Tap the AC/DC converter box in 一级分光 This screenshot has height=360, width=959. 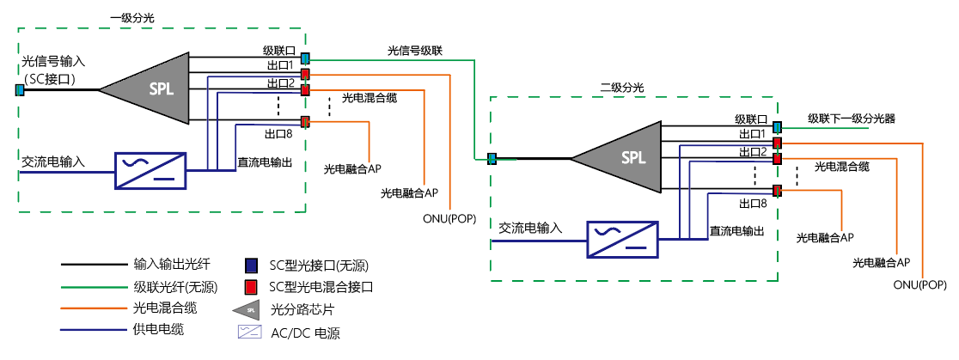tap(150, 170)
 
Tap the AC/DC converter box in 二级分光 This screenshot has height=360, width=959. tap(622, 240)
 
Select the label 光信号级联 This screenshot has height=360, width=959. tap(414, 52)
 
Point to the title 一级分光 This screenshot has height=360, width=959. tap(133, 17)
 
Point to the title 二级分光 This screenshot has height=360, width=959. tap(620, 88)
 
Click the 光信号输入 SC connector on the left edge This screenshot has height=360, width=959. tap(19, 88)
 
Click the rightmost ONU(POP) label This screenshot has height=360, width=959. tap(919, 284)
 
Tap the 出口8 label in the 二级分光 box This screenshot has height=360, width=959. tap(752, 204)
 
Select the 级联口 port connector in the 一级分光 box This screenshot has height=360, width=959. tap(304, 58)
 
